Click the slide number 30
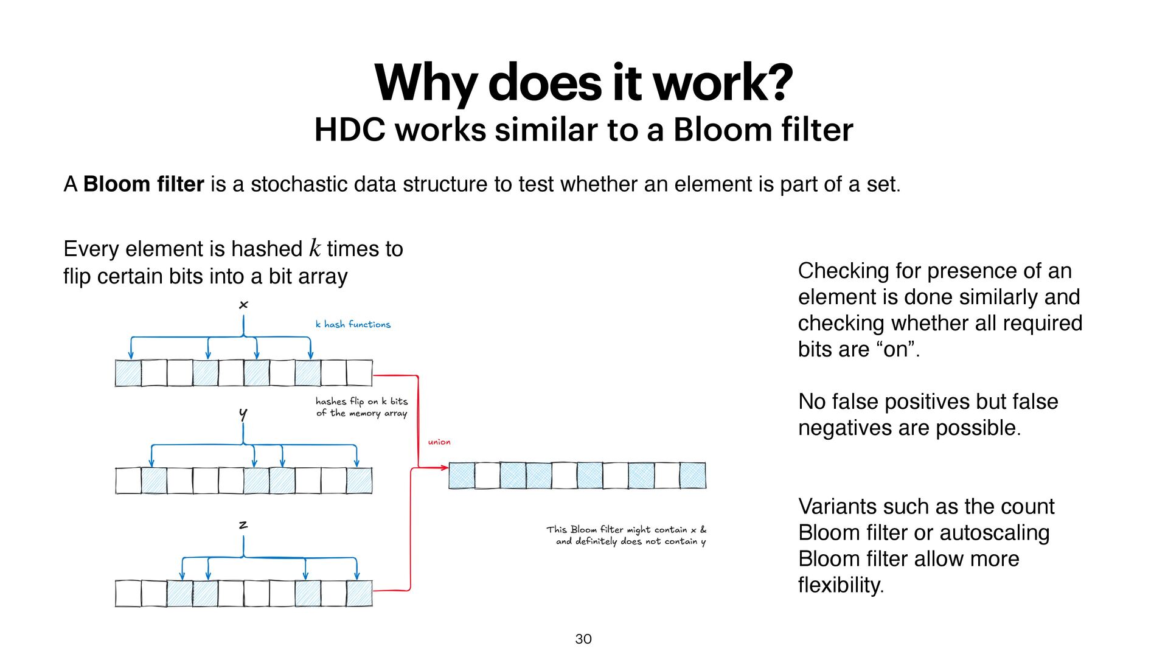(x=583, y=639)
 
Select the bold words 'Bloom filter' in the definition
(x=144, y=184)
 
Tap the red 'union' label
(x=439, y=442)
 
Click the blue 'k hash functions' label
(x=353, y=324)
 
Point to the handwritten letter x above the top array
(x=243, y=304)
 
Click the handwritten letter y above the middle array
(x=243, y=414)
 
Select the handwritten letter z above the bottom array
(x=243, y=524)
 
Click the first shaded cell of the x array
(x=128, y=373)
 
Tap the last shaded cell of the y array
(x=359, y=481)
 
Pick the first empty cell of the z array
(x=128, y=593)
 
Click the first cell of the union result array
(x=462, y=475)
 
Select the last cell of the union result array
(x=692, y=475)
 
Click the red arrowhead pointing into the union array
(x=444, y=468)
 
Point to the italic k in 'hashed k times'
(x=315, y=248)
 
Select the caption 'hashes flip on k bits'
(x=361, y=401)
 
